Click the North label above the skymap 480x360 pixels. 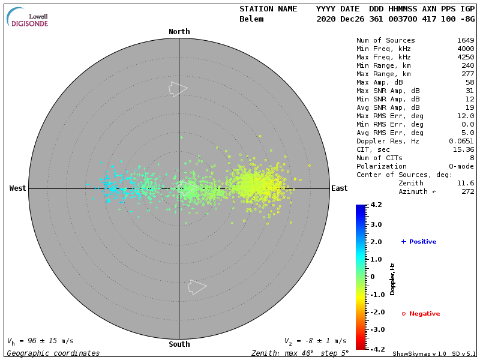pos(179,32)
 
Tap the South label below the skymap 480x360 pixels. pos(179,344)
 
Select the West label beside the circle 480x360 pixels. pos(18,188)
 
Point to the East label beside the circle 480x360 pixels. pos(339,188)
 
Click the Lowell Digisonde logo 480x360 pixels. pos(28,17)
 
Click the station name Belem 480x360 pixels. pos(251,19)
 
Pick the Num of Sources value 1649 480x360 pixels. pos(466,40)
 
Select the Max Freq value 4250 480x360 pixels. pos(466,57)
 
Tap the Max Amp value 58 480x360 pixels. pos(470,82)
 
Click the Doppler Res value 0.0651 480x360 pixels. pos(461,141)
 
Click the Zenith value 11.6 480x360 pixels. pos(466,183)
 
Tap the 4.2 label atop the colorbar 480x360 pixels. pos(376,205)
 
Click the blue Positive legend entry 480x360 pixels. pos(419,242)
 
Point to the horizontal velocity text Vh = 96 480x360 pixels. pos(40,341)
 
